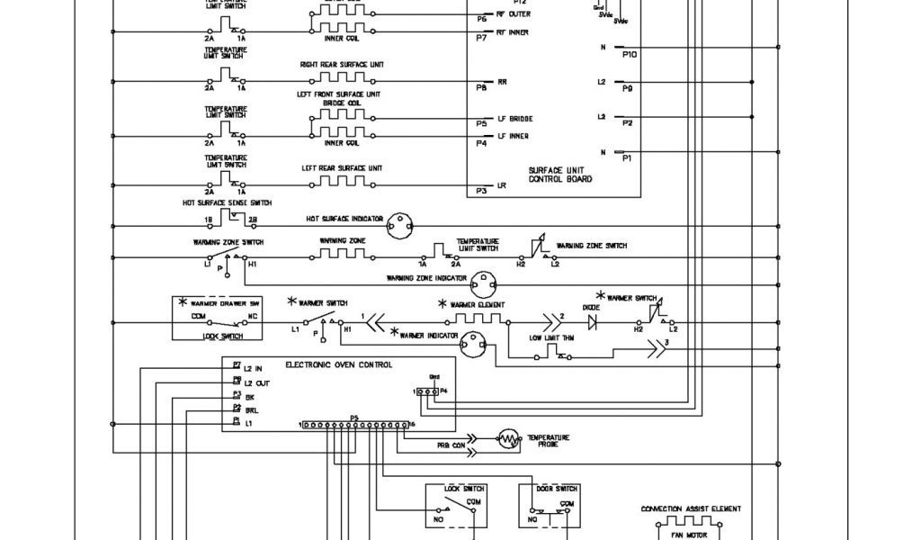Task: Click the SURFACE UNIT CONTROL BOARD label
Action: [x=559, y=174]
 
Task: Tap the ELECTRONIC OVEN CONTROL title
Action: [x=339, y=365]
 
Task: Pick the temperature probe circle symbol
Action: [x=510, y=440]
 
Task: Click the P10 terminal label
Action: [x=629, y=55]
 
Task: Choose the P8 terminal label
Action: [x=481, y=87]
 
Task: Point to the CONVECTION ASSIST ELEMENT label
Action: [x=691, y=508]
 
